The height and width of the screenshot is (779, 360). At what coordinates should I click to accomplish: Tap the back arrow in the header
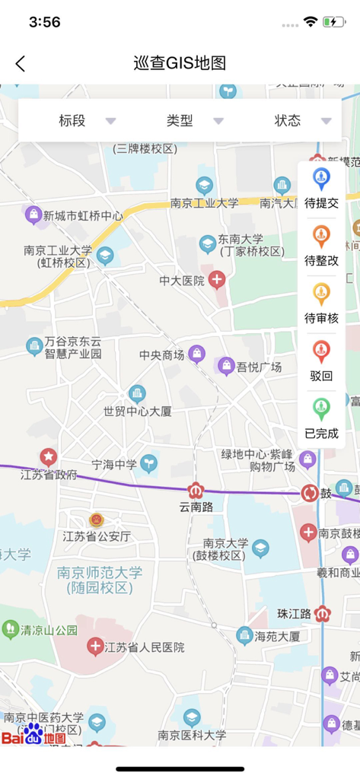(21, 64)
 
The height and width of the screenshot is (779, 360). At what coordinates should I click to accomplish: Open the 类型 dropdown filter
(194, 121)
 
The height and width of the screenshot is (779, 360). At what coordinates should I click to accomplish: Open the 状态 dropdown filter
(302, 121)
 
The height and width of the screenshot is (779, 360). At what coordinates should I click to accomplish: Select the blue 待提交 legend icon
(321, 180)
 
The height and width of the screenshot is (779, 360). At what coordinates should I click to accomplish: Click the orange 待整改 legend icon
(321, 237)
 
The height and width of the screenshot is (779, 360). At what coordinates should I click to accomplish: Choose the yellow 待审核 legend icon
(321, 294)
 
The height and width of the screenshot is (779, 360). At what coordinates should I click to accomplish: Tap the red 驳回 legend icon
(321, 352)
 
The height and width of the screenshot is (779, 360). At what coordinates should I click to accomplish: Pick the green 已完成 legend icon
(321, 409)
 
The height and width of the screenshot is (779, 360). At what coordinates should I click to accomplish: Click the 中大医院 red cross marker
(218, 280)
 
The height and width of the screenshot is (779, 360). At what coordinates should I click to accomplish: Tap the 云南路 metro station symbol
(196, 491)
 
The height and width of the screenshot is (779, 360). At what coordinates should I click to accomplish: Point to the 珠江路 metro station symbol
(323, 613)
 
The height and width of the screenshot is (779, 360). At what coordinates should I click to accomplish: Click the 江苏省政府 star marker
(49, 457)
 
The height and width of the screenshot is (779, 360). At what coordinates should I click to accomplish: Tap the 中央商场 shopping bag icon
(197, 355)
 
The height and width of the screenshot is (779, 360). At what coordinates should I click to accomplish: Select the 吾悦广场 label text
(259, 367)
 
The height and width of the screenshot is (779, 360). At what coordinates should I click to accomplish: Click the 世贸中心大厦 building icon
(137, 393)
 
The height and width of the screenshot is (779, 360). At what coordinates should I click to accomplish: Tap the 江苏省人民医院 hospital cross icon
(95, 647)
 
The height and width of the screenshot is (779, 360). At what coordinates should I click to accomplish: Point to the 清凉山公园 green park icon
(10, 629)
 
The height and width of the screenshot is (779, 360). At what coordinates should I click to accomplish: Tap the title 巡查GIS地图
(180, 64)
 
